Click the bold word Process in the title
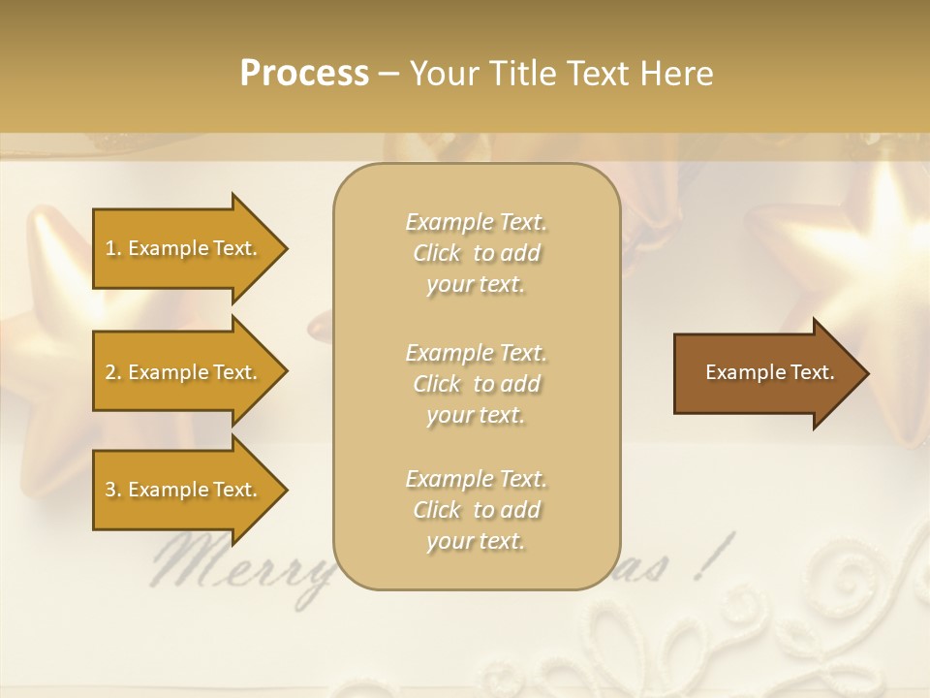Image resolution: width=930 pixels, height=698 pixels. (x=304, y=73)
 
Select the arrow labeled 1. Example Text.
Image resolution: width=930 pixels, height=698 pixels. (x=184, y=248)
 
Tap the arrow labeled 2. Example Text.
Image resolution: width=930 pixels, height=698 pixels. (x=184, y=372)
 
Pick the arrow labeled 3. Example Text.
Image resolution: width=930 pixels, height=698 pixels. (x=184, y=490)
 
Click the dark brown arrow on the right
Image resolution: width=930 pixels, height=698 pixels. (x=765, y=372)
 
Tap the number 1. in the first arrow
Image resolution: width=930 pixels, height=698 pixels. (x=113, y=248)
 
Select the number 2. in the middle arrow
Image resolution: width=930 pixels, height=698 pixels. (x=113, y=372)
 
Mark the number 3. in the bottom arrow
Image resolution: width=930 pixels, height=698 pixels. (x=113, y=490)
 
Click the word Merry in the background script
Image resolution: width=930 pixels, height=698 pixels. (x=242, y=567)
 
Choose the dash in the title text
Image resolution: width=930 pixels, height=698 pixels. (x=388, y=74)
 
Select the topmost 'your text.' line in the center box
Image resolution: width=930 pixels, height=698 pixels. (x=476, y=285)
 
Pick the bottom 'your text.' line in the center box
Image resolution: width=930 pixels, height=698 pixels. (x=476, y=541)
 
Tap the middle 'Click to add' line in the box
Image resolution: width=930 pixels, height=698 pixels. (x=476, y=384)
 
